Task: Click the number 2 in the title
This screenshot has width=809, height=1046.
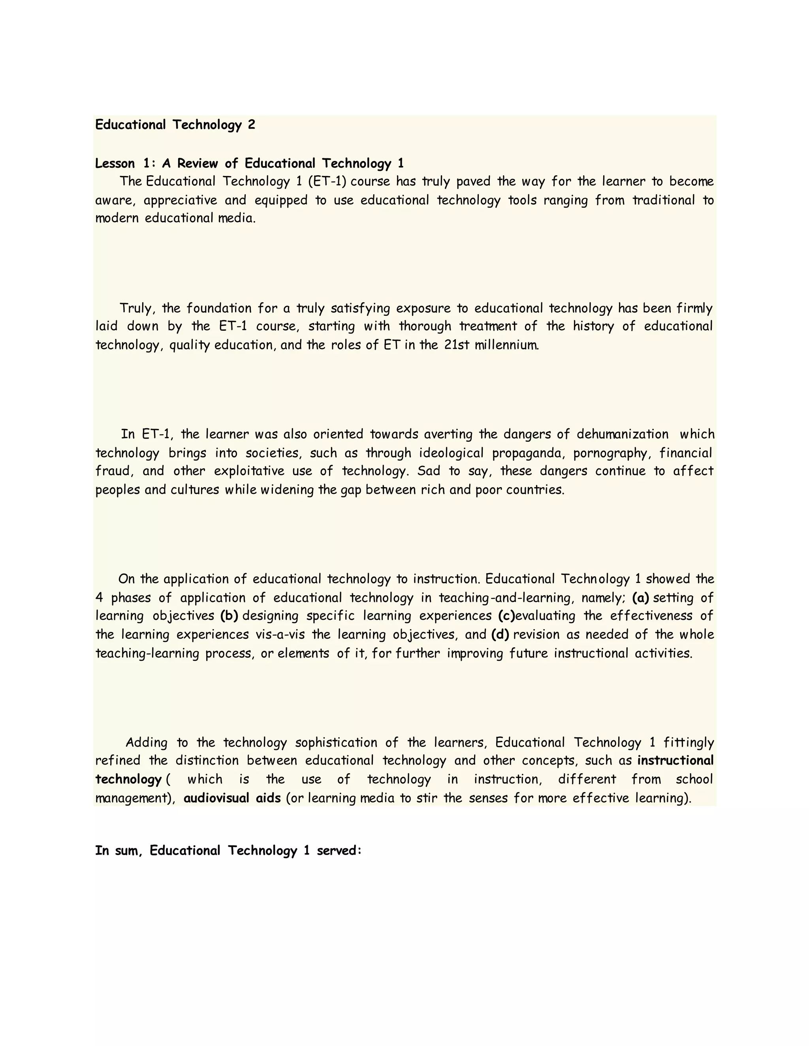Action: click(252, 125)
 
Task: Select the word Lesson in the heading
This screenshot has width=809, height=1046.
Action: click(115, 164)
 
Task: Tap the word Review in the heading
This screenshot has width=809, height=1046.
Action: click(198, 164)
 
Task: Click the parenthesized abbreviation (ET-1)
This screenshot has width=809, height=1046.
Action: click(327, 182)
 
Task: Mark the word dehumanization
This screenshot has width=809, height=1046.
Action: click(622, 435)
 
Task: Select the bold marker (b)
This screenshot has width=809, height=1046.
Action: click(229, 616)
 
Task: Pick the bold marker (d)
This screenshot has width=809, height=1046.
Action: click(500, 635)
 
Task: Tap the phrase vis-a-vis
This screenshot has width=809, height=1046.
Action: click(280, 635)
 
